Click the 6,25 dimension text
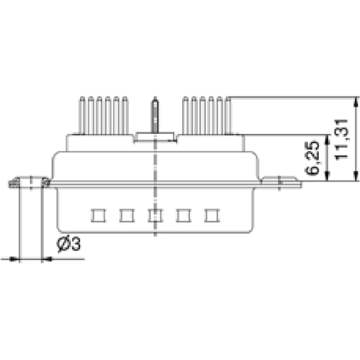[312, 159]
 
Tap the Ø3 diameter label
[68, 244]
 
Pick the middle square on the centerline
[154, 215]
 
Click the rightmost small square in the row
[211, 215]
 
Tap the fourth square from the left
[183, 215]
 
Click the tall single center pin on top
[154, 115]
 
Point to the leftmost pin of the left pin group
[85, 115]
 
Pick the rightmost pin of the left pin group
[125, 115]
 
